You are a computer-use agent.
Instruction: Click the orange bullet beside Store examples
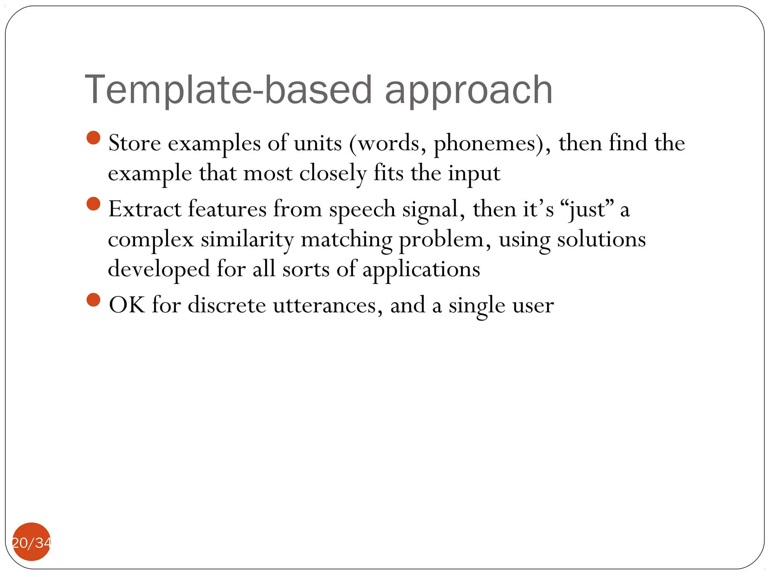click(x=93, y=137)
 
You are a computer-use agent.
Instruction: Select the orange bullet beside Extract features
click(x=93, y=204)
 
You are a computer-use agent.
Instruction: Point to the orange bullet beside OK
click(x=93, y=300)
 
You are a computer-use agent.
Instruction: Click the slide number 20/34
click(x=32, y=542)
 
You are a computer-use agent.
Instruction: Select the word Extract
click(x=145, y=209)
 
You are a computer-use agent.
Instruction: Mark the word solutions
click(x=601, y=240)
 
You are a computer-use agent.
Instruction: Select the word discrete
click(x=227, y=305)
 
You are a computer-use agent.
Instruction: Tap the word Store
click(x=135, y=143)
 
